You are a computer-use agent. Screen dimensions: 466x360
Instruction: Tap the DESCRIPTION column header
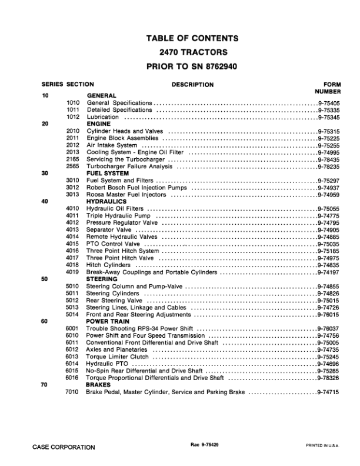coord(192,85)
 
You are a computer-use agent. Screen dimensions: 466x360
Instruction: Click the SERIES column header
coord(52,85)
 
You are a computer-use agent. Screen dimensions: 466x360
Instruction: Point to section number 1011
coord(72,109)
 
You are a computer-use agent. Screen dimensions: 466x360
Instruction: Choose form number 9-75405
coord(328,102)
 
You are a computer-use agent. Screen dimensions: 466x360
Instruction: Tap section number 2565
coord(72,167)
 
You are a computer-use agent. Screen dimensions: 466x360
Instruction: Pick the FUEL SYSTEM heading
coord(108,174)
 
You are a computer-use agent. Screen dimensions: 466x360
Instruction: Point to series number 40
coord(45,202)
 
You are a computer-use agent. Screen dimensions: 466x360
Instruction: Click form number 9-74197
coord(328,272)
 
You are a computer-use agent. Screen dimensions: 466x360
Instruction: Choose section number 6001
coord(72,329)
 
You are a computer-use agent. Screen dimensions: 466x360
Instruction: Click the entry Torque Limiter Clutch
coord(118,357)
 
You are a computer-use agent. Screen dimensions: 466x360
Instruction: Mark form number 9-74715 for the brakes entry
coord(328,392)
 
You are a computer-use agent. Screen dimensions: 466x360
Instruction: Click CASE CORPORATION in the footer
coord(64,447)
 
